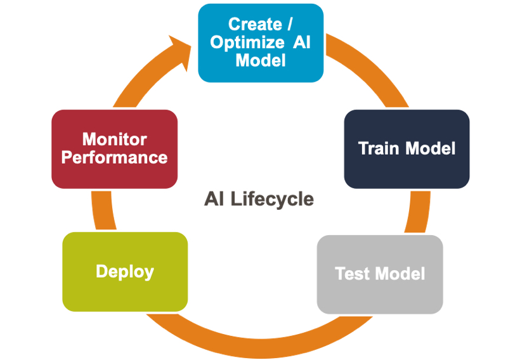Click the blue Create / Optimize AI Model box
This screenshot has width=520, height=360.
pos(261,42)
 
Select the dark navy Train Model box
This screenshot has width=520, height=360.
pos(406,149)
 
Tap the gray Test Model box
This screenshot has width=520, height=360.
pos(380,274)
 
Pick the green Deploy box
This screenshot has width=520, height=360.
pos(125,271)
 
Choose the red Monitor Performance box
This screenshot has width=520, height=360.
pos(114,149)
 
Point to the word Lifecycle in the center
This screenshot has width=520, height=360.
pos(272,200)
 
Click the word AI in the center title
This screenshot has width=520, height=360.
pos(214,198)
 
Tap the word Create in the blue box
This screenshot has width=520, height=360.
pos(255,24)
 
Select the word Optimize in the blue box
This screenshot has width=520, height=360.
pos(247,42)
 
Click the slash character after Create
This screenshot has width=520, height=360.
pos(290,24)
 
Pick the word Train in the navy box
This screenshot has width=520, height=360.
pos(378,148)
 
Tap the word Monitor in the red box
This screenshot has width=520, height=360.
pos(114,139)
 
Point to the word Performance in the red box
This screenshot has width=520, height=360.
pos(114,158)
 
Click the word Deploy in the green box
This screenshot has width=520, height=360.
pos(125,272)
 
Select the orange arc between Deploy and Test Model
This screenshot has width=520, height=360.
pos(259,347)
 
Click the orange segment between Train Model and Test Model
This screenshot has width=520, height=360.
pos(419,212)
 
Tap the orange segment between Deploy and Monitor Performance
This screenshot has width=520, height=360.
pos(103,210)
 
